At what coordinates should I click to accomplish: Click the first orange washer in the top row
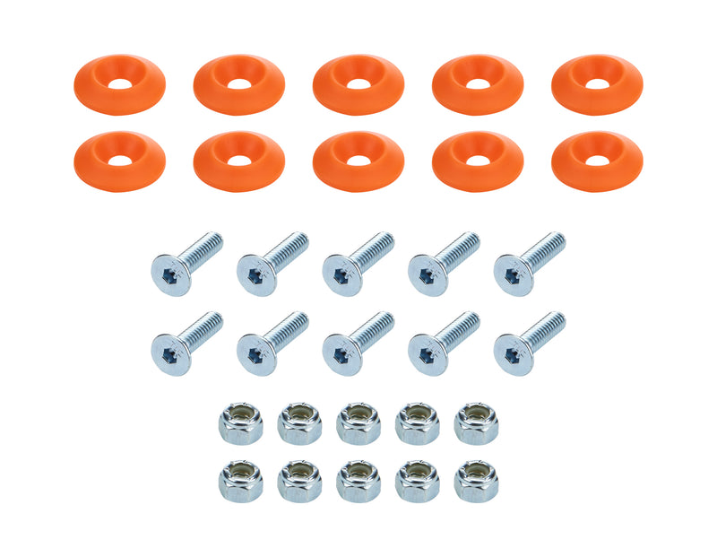[119, 85]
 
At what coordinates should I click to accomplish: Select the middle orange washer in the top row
[358, 85]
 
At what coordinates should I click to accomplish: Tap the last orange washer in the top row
[597, 85]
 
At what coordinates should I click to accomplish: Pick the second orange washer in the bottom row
[238, 161]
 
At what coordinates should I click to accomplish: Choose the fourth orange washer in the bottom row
[478, 161]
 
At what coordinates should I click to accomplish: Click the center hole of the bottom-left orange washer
[119, 160]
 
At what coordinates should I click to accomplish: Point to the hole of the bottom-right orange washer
[597, 160]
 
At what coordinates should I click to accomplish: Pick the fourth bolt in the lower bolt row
[444, 342]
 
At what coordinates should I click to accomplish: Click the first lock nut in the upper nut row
[240, 422]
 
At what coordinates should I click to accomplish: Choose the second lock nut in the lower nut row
[299, 481]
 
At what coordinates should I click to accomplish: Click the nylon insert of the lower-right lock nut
[477, 472]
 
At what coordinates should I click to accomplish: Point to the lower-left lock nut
[240, 481]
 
